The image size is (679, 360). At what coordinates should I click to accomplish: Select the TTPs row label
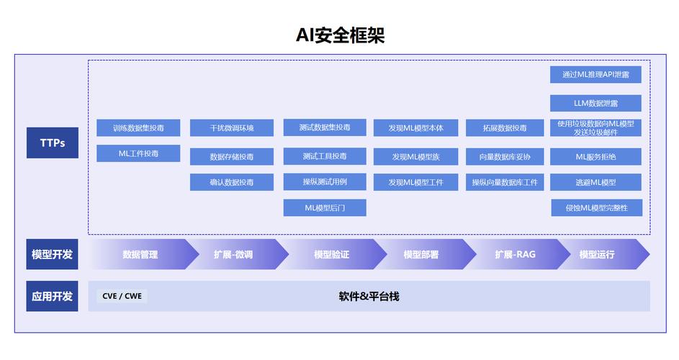point(52,143)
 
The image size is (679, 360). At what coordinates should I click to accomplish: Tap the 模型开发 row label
point(52,254)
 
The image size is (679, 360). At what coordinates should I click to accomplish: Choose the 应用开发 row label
point(52,296)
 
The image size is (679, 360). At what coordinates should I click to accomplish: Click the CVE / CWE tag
point(122,296)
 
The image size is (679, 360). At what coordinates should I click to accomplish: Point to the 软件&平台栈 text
point(369,296)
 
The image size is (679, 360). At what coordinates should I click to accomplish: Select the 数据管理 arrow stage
point(140,254)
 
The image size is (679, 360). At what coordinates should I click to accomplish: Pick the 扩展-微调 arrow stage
point(233,254)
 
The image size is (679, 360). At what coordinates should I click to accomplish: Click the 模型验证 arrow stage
point(331,254)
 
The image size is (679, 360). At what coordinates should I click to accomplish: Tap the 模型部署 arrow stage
point(421,254)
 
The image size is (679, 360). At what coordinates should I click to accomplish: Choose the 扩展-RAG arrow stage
point(515,254)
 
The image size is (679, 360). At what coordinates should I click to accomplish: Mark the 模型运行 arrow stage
point(598,254)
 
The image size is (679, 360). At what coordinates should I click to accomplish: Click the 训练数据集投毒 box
point(138,128)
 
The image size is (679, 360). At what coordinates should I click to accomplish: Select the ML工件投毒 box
point(138,153)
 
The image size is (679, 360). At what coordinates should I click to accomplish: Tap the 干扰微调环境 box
point(232,128)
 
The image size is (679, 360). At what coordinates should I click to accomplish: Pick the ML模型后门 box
point(325,208)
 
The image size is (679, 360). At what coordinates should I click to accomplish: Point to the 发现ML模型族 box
point(415,156)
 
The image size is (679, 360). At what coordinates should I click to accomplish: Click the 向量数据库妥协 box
point(505,156)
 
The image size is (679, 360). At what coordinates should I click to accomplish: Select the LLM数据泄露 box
point(595,103)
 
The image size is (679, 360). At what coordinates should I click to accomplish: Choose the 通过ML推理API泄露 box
point(595,74)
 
